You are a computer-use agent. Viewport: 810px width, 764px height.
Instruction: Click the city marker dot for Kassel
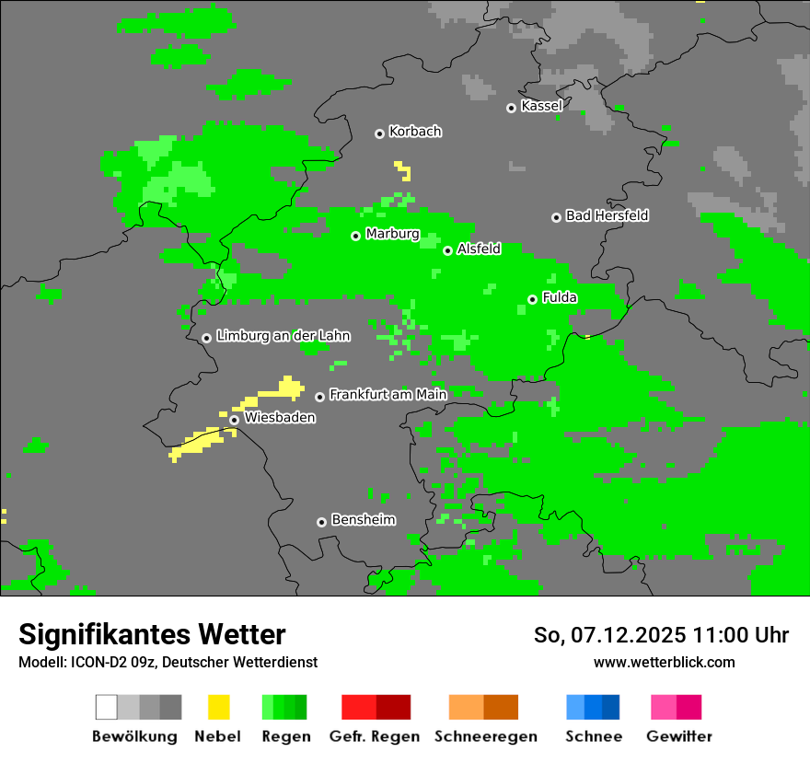pos(511,108)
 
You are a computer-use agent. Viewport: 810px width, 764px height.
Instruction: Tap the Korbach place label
pos(415,132)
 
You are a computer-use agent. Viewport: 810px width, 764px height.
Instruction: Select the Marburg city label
pos(392,234)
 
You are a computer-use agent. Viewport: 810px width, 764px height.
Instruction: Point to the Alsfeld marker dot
pos(447,250)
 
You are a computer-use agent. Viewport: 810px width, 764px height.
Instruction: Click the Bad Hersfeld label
pos(607,215)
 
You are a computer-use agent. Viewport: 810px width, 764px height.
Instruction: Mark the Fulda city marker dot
pos(532,299)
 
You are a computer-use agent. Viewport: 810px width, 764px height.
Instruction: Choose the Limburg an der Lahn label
pos(283,336)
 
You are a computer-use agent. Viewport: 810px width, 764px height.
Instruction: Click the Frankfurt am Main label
pos(388,394)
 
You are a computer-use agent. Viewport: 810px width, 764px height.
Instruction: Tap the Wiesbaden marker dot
pos(235,420)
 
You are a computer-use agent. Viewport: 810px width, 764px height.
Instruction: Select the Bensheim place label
pos(363,520)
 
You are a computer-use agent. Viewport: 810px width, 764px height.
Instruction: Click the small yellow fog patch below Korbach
pos(403,170)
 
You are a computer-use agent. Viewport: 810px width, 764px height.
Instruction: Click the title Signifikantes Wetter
pos(152,634)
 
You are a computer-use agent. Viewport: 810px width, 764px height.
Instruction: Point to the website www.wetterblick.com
pos(664,662)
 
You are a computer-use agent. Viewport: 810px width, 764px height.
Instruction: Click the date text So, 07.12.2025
pos(607,635)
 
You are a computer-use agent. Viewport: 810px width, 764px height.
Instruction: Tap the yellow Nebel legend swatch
pos(218,707)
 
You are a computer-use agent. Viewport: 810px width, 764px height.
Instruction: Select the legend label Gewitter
pos(679,736)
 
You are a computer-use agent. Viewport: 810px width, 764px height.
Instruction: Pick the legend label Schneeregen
pos(484,736)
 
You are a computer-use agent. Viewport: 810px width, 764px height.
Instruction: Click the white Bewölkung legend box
pos(107,707)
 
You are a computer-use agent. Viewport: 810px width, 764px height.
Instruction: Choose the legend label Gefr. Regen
pos(375,736)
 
